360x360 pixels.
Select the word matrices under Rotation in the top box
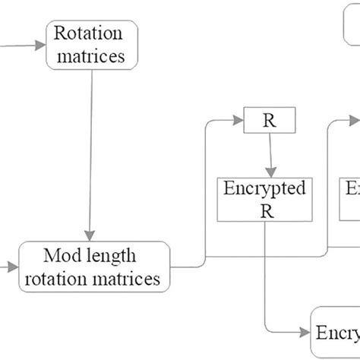point(93,55)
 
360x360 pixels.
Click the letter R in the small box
point(267,120)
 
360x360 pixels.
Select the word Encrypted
point(264,188)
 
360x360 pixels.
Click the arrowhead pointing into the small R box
point(237,119)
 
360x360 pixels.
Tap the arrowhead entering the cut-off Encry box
point(306,333)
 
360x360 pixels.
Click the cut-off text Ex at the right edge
point(352,188)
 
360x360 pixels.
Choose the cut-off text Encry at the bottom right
point(338,333)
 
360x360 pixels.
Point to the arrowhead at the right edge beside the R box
point(355,119)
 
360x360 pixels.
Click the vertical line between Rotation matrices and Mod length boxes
point(91,152)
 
